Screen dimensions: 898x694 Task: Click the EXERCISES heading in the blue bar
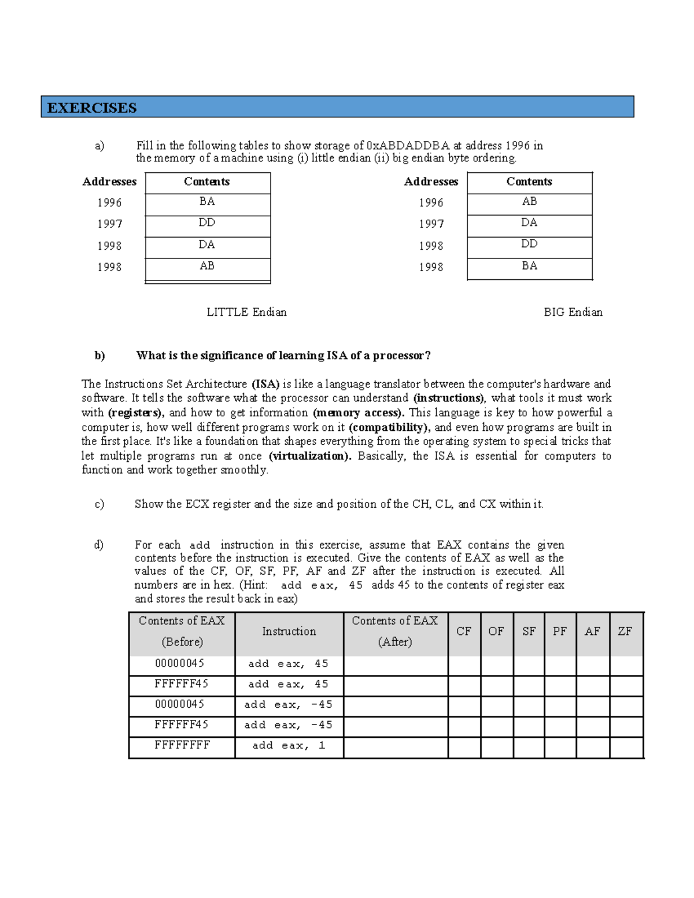92,108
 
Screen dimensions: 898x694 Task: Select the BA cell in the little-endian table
207,202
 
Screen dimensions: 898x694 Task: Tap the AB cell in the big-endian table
529,202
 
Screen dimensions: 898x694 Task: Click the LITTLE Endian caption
246,312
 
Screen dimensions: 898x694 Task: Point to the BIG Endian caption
573,312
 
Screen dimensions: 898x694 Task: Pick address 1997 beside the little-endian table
109,224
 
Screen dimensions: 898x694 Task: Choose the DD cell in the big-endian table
529,244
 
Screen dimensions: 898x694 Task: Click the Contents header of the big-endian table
529,182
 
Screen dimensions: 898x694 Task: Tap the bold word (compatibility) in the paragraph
389,427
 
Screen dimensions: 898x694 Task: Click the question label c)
99,504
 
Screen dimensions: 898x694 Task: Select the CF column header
464,631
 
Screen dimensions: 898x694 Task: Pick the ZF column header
625,631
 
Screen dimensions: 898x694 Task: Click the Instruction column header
289,631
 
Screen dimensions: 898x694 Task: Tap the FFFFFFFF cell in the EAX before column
182,745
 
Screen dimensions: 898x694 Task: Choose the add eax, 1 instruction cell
289,746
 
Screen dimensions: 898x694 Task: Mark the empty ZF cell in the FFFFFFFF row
626,747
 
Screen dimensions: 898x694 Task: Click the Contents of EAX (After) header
395,631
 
